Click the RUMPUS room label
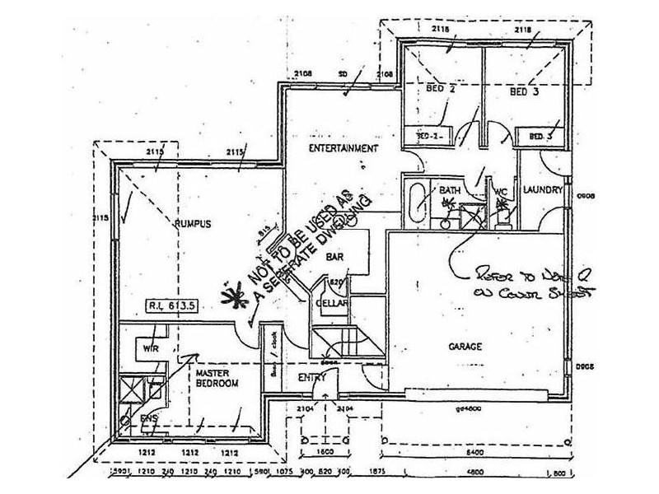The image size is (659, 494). point(194,223)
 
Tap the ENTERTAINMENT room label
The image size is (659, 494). point(343,149)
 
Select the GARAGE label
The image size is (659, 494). point(465,346)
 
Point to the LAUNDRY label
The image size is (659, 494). point(543,190)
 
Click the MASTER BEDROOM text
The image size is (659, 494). point(217,378)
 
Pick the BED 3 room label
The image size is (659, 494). point(524,92)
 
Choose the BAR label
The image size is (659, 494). point(334,257)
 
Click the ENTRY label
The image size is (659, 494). point(312,377)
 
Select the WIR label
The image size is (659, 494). point(151,348)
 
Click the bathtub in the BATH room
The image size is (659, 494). point(418,198)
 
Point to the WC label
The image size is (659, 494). point(499,194)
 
